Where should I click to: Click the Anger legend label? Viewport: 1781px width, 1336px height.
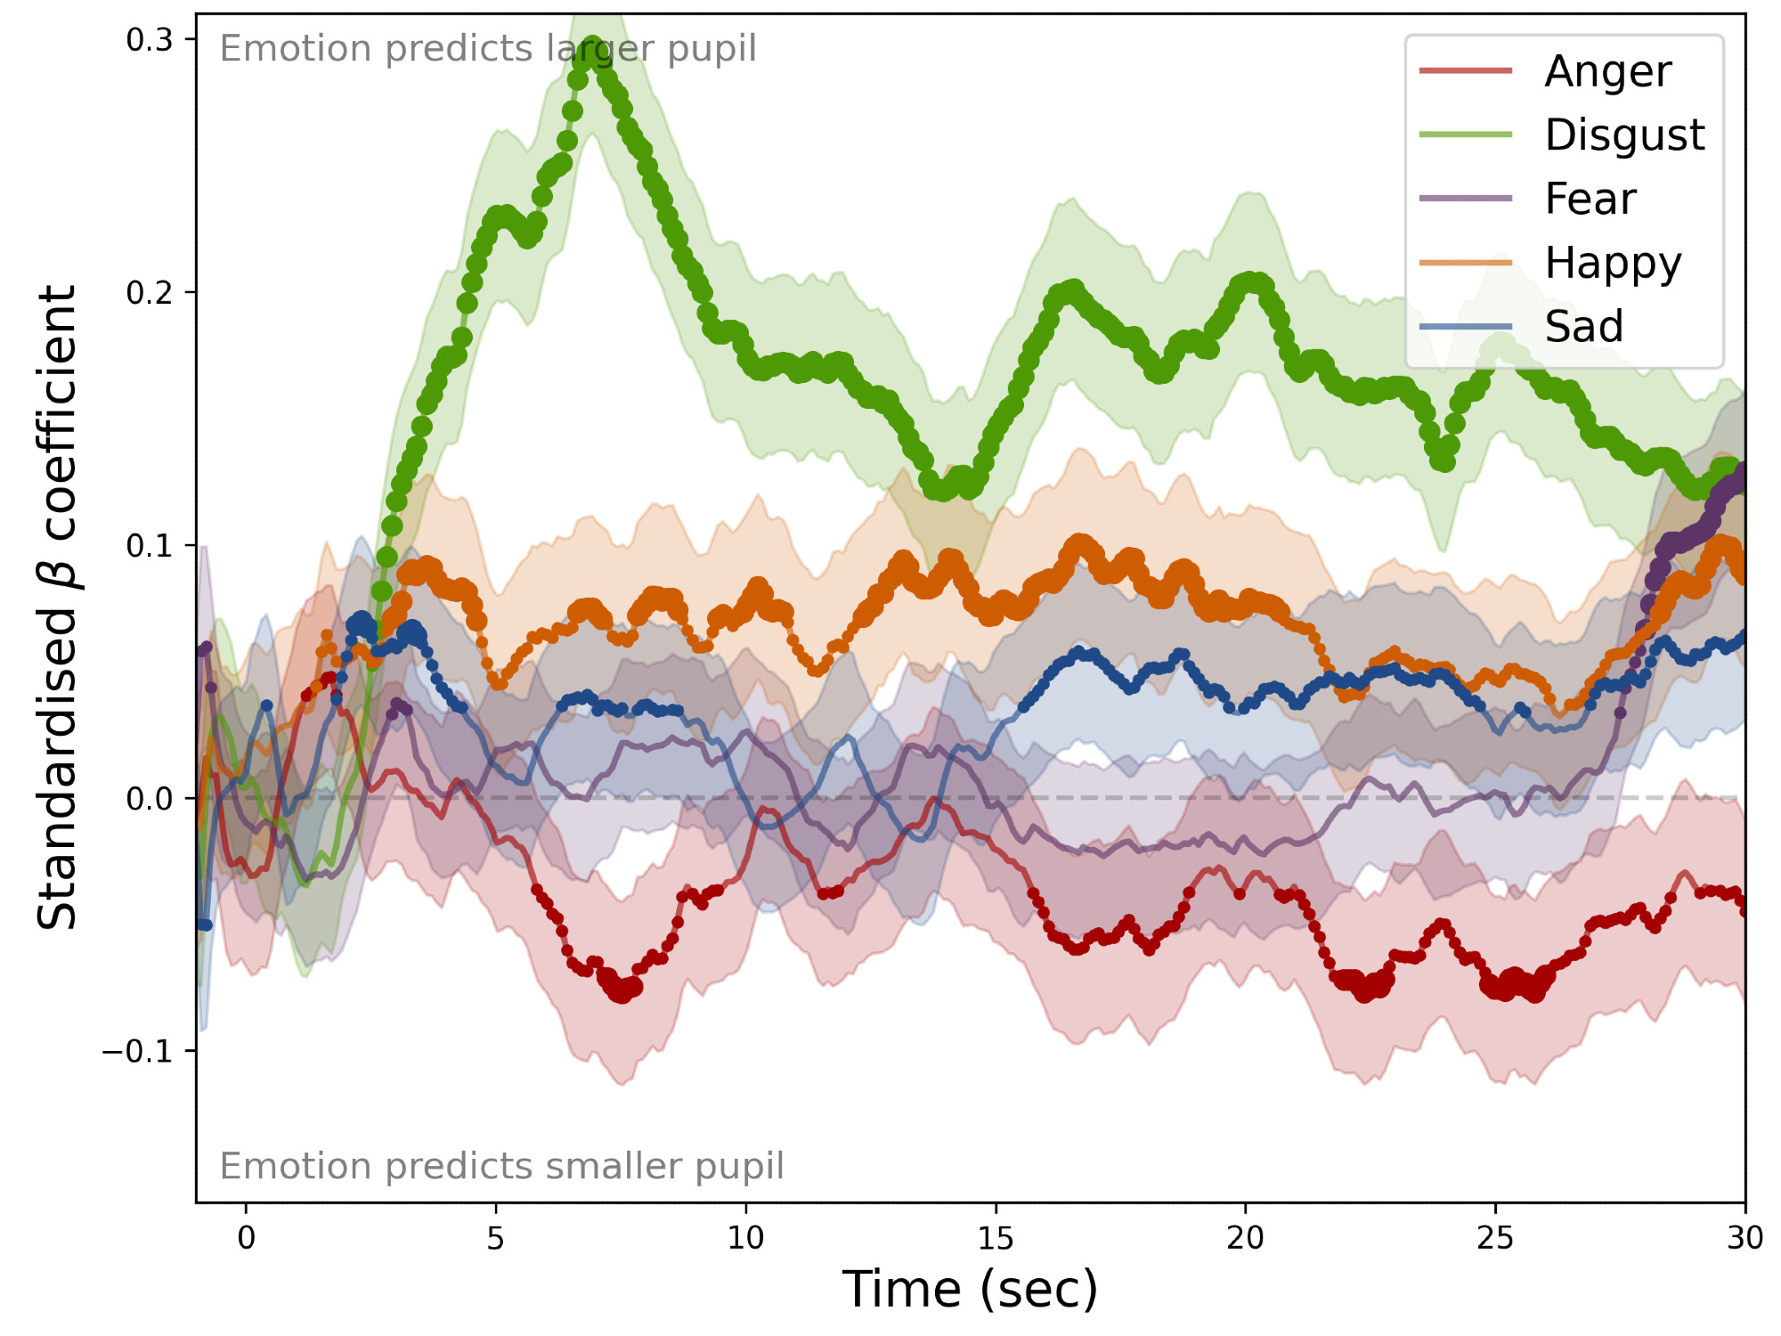(x=1607, y=71)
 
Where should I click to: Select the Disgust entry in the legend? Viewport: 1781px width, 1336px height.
(x=1624, y=135)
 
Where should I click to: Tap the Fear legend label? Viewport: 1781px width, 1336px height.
(x=1590, y=199)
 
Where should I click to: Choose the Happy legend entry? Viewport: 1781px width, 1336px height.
(x=1613, y=263)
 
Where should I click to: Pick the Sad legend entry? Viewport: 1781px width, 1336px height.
(x=1583, y=327)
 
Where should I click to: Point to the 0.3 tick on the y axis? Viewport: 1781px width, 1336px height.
(x=149, y=40)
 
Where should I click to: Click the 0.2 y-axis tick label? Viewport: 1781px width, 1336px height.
(x=149, y=293)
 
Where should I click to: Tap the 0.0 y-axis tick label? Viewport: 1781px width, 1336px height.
(x=149, y=799)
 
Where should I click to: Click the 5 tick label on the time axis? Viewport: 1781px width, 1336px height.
(x=496, y=1239)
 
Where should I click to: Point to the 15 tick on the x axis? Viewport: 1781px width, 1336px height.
(x=996, y=1239)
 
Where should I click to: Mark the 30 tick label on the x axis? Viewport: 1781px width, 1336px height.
(x=1744, y=1239)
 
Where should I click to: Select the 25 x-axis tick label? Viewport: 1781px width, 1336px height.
(x=1495, y=1239)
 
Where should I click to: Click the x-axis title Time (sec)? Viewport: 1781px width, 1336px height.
(x=970, y=1290)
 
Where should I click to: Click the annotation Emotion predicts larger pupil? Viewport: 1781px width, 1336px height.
(x=488, y=49)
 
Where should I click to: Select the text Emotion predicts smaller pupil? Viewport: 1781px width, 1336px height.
(x=501, y=1166)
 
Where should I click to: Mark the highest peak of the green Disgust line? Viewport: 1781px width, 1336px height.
(x=592, y=52)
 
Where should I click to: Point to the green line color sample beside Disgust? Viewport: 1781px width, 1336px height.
(x=1466, y=135)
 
